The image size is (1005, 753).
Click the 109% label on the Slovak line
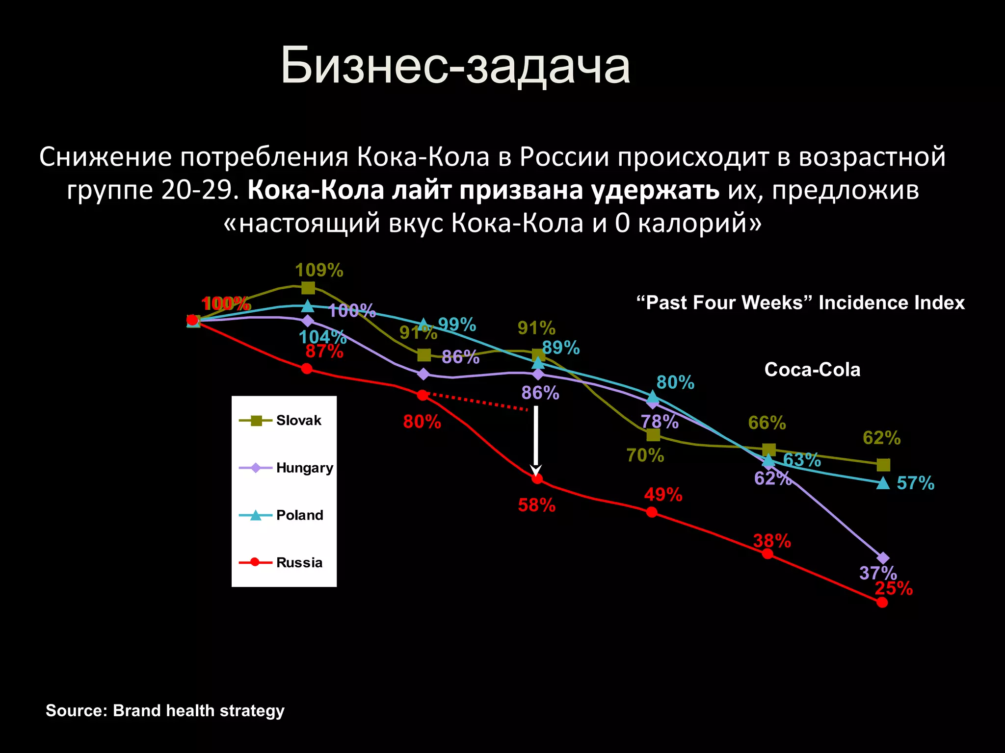319,270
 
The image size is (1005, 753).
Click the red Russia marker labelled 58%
537,478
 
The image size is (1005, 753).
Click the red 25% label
894,588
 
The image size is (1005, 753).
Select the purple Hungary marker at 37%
883,558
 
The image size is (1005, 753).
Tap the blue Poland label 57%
915,483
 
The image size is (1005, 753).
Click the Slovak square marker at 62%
883,464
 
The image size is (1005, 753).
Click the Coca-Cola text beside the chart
812,370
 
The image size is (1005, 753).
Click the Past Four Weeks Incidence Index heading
800,302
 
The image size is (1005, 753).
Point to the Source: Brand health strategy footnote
165,710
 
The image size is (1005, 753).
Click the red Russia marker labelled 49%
652,512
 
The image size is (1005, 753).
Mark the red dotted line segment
476,402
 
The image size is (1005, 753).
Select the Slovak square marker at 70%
653,435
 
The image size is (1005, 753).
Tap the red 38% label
772,541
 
